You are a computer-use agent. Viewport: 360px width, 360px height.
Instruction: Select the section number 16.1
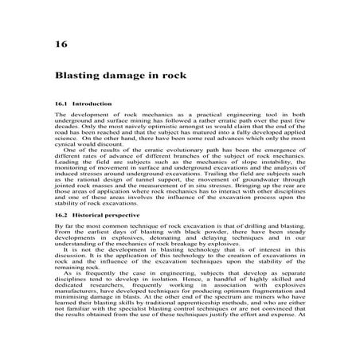[x=61, y=105]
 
